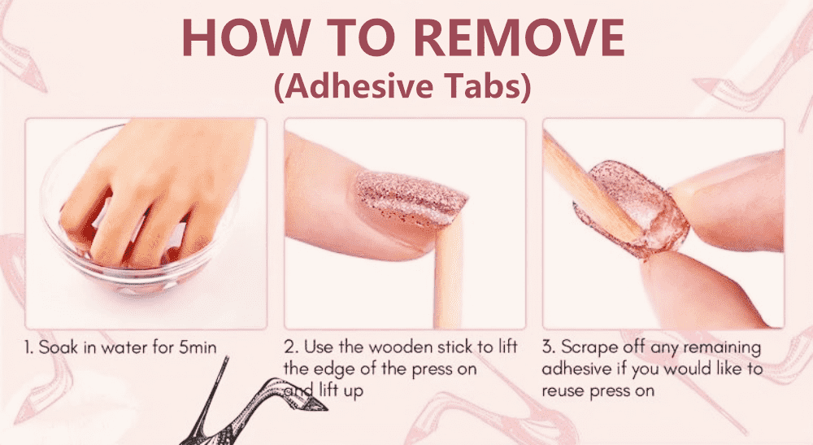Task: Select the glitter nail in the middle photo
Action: click(410, 199)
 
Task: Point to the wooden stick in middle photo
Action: click(449, 275)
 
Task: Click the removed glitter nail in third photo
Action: click(633, 207)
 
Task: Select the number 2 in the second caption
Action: click(289, 347)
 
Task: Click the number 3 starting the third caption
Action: click(547, 347)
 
